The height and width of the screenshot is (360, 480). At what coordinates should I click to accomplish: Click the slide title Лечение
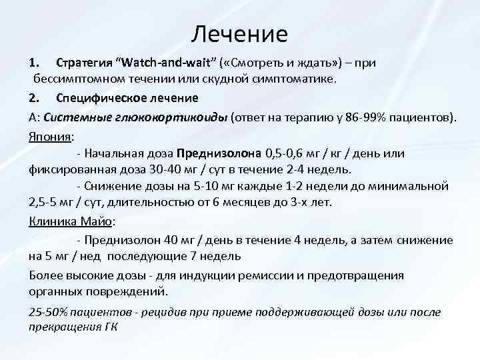(x=239, y=33)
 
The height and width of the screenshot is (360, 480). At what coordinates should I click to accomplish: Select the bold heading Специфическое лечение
(x=127, y=98)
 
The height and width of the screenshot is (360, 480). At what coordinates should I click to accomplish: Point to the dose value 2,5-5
(x=45, y=203)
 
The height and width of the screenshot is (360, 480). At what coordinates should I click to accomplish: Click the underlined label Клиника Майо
(x=72, y=221)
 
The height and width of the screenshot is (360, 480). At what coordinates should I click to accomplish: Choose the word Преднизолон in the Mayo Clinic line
(x=119, y=240)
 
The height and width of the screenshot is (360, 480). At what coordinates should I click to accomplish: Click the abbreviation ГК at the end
(x=111, y=327)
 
